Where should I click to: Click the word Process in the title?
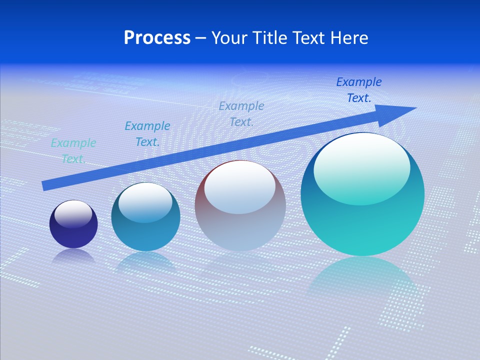click(157, 38)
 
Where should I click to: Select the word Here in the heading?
click(349, 38)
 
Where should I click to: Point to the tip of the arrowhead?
click(415, 108)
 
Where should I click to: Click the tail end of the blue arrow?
click(43, 186)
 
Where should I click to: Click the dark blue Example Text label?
click(358, 90)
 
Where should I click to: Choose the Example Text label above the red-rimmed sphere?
click(241, 113)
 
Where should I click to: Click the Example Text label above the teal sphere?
click(147, 134)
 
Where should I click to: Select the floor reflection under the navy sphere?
click(73, 256)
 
